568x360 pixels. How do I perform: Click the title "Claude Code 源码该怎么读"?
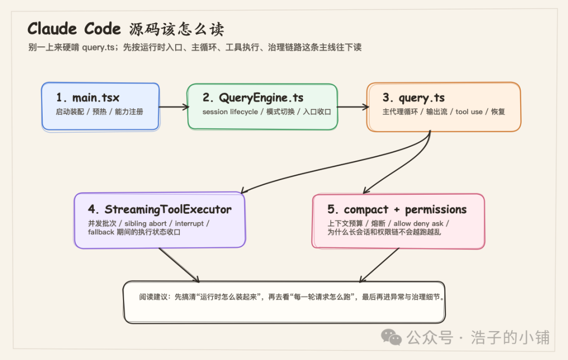pos(126,28)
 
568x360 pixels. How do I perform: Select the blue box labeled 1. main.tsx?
pos(100,106)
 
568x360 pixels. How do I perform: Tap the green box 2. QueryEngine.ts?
pos(262,106)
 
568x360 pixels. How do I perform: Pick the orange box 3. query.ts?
pos(443,106)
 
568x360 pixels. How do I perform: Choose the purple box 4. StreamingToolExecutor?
pos(160,220)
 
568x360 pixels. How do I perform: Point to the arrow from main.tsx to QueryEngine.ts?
pos(174,107)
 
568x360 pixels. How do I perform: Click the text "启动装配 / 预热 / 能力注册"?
pos(99,112)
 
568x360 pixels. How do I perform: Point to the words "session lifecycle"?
pos(230,112)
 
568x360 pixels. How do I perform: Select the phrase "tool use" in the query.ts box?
pos(469,112)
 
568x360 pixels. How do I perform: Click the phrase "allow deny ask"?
pos(418,223)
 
